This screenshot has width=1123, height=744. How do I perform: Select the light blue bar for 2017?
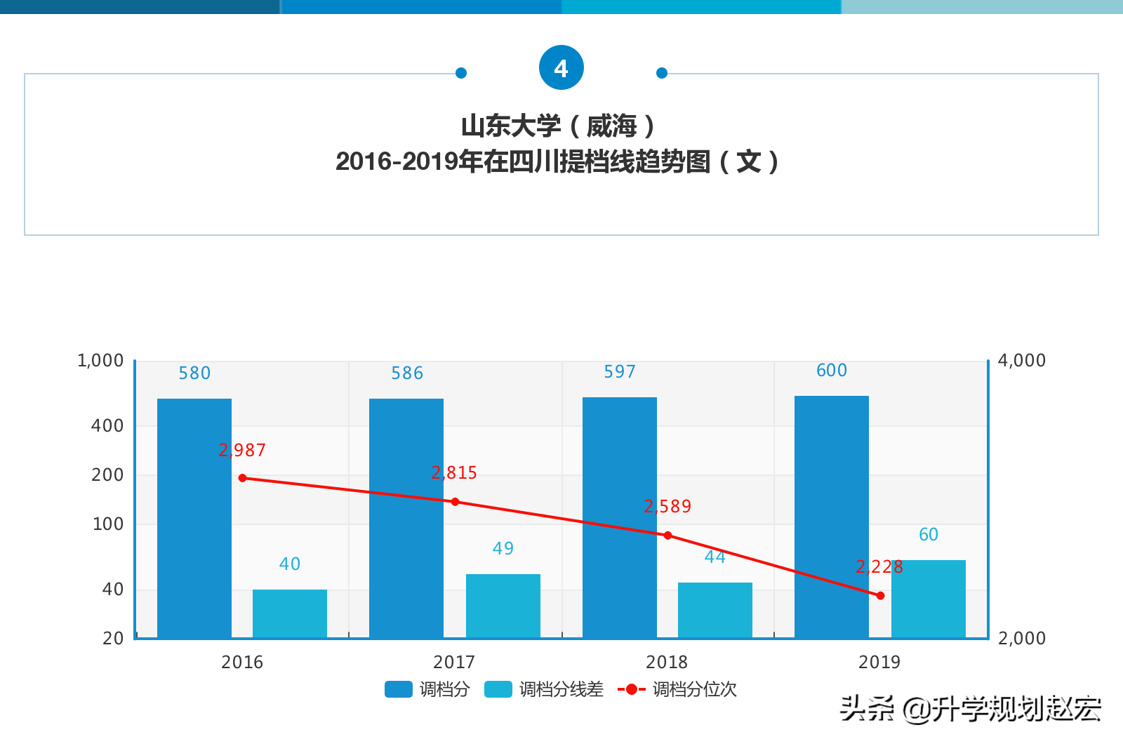pos(503,606)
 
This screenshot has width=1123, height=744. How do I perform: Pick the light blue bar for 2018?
pos(715,610)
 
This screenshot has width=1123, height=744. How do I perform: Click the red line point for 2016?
pos(243,478)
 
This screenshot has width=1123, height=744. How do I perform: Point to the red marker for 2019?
pos(880,595)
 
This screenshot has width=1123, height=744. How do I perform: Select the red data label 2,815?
pos(454,473)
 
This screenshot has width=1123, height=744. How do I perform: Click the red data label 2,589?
pos(667,507)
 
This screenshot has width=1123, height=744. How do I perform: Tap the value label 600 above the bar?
pos(832,371)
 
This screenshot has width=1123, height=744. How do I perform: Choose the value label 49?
pos(503,549)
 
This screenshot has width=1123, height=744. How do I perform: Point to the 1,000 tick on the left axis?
pos(100,361)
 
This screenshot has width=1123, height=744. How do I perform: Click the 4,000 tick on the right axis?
pos(1021,361)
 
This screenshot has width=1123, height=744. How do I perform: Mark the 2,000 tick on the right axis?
pos(1021,638)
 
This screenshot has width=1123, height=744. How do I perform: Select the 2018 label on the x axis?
pos(667,662)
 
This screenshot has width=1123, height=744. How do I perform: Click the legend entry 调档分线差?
pos(545,689)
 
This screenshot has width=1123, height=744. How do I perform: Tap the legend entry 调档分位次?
pos(678,689)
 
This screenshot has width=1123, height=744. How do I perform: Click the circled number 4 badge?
pos(561,68)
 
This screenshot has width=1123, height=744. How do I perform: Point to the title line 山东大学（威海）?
pos(559,126)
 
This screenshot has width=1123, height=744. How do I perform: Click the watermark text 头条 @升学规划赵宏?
pos(971,709)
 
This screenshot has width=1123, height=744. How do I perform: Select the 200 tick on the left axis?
pos(107,475)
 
